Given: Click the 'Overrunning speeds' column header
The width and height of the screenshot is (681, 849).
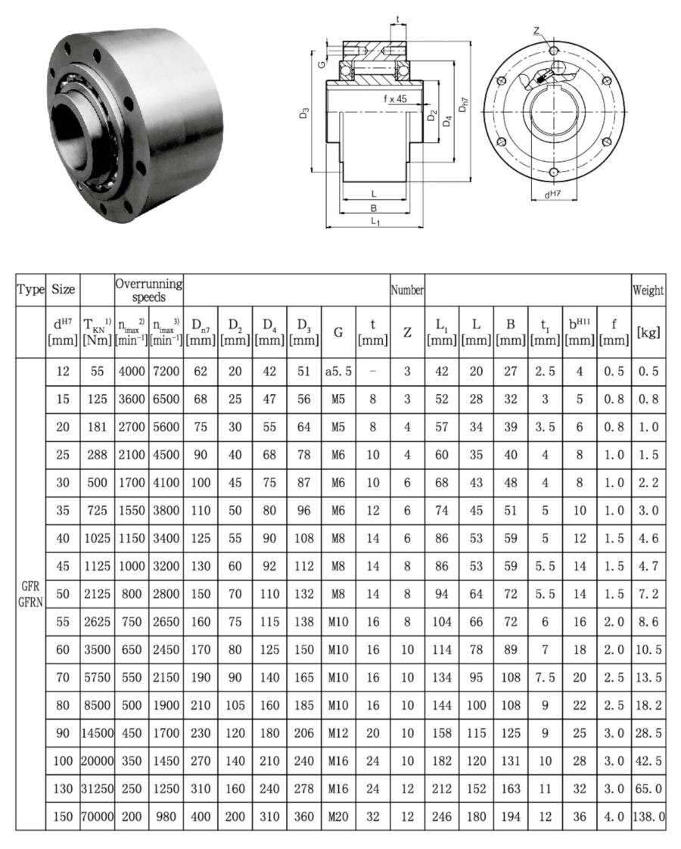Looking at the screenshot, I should click(x=149, y=291).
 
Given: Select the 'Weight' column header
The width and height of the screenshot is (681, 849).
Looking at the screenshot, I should click(x=648, y=291).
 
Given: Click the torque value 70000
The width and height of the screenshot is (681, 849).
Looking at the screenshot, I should click(x=97, y=816).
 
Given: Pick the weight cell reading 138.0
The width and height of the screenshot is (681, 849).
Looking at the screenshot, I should click(x=648, y=816).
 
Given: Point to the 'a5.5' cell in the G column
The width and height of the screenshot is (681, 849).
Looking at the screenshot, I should click(x=338, y=372).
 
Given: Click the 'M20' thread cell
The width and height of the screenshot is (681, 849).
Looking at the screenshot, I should click(x=338, y=816).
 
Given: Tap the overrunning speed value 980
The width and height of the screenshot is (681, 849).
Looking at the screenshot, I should click(x=166, y=816).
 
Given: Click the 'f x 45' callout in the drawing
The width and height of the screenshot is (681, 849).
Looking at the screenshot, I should click(x=395, y=98).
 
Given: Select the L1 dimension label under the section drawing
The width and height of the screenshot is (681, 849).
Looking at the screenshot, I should click(x=375, y=220).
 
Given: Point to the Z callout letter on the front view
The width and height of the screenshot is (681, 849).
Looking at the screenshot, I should click(x=536, y=31).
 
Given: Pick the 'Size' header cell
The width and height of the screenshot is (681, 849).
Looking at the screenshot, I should click(x=63, y=291).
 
